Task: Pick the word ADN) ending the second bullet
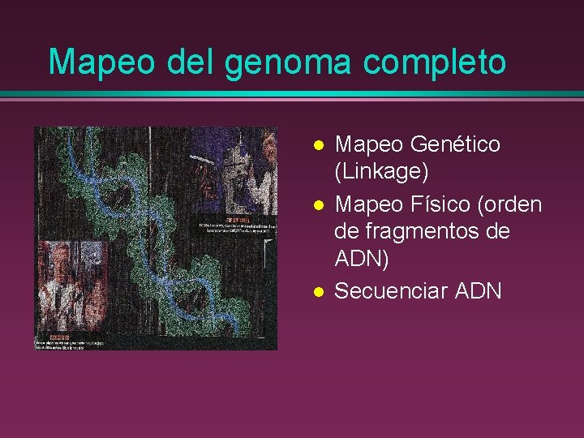coord(362,260)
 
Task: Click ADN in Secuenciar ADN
coord(479,290)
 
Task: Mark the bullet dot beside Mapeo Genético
coord(319,145)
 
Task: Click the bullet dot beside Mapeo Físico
coord(319,204)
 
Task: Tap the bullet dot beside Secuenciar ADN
coord(319,290)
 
